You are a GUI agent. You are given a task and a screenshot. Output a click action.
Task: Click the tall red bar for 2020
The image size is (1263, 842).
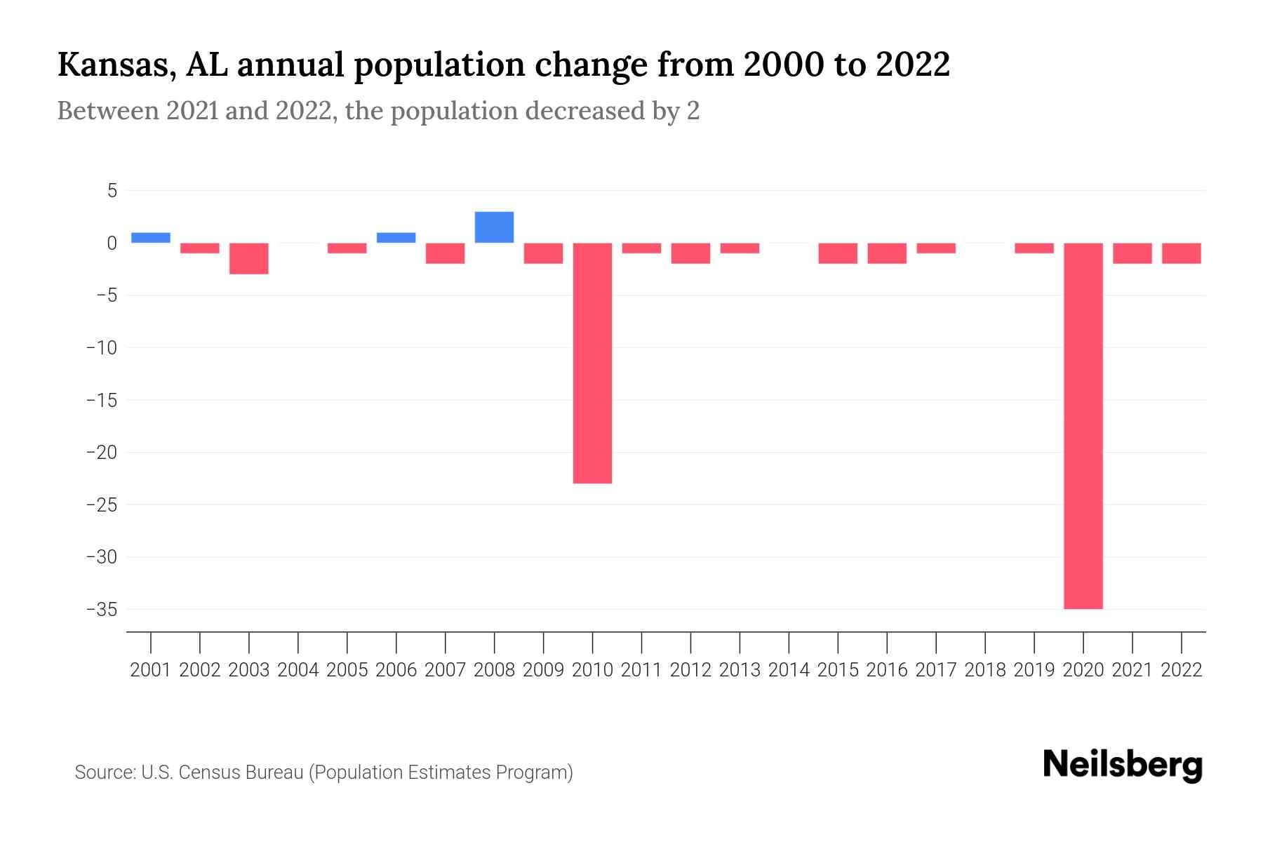(x=1083, y=426)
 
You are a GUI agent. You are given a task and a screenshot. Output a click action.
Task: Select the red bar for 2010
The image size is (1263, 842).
(x=592, y=363)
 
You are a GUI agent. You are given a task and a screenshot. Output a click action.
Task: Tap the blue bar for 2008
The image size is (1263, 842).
(x=494, y=227)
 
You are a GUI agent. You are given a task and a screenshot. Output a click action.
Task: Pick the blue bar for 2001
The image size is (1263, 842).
(x=151, y=238)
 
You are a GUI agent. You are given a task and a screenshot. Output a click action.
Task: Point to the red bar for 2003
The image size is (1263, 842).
(x=249, y=258)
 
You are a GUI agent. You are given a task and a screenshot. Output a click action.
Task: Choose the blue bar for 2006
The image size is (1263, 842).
(x=396, y=238)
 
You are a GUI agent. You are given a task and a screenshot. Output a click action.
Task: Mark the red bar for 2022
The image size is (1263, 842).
(x=1182, y=253)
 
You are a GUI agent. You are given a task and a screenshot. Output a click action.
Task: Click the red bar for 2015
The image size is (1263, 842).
(x=838, y=253)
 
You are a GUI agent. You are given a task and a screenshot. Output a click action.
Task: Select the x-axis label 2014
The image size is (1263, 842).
(x=789, y=670)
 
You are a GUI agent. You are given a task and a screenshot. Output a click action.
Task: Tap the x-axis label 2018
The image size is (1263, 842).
(x=985, y=670)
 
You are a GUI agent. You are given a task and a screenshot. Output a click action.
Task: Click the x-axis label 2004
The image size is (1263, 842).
(x=298, y=670)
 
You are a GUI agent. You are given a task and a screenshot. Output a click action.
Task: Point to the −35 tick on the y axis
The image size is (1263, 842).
(x=102, y=609)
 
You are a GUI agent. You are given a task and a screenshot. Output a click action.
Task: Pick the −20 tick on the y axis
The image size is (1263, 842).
(x=102, y=453)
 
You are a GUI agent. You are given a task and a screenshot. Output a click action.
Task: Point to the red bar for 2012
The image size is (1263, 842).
(x=690, y=253)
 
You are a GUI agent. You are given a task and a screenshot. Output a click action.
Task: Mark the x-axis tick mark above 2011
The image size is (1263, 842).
(x=641, y=641)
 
